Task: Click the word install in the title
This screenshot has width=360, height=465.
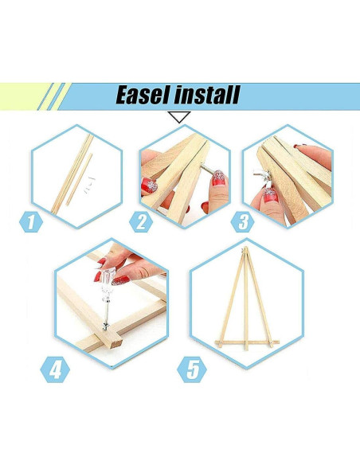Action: (204, 96)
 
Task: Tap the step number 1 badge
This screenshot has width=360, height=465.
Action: (31, 221)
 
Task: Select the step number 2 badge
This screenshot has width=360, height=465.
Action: (142, 221)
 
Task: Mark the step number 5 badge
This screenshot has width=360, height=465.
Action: (193, 369)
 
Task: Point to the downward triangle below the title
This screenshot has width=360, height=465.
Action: (180, 117)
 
